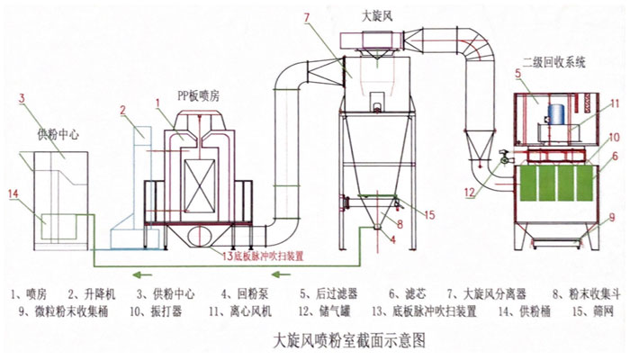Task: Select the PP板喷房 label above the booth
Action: click(197, 94)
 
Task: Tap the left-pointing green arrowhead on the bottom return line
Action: click(132, 274)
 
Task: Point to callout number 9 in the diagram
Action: click(612, 217)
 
